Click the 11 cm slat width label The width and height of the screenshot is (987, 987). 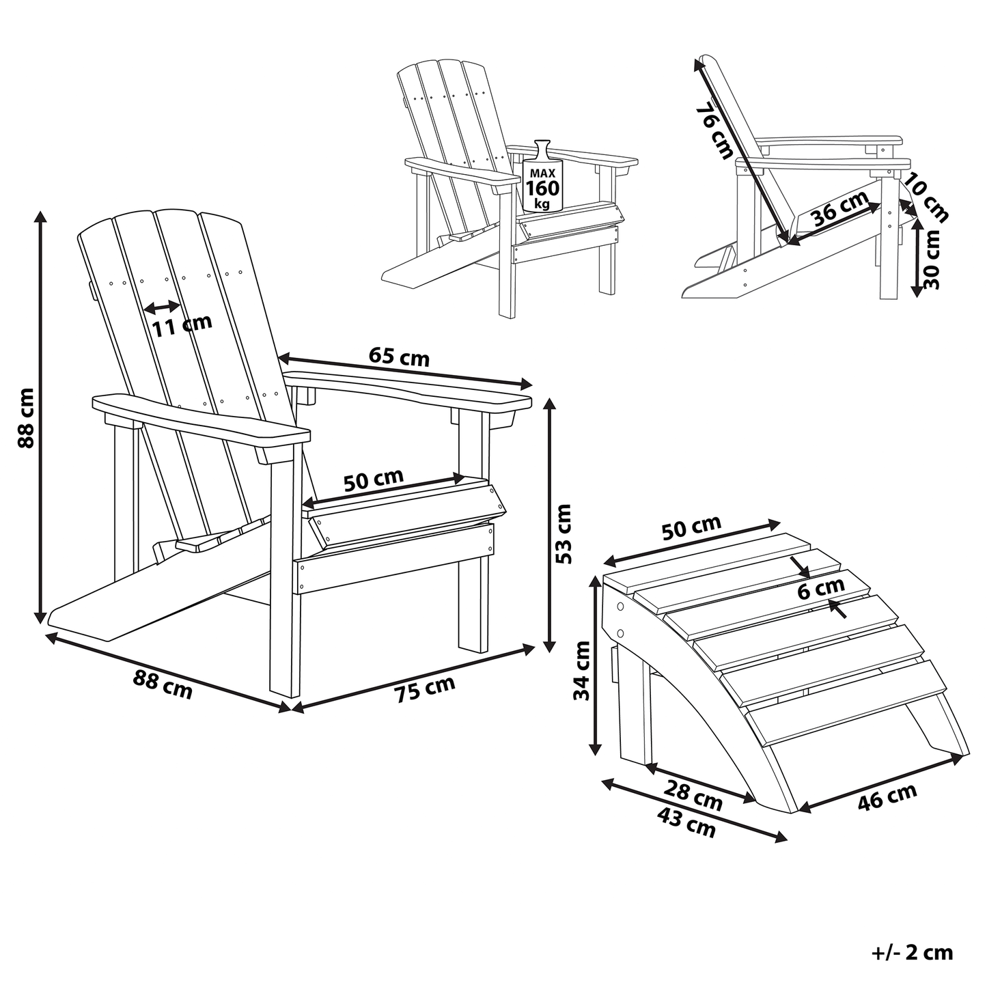[182, 325]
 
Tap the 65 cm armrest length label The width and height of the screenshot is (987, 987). [399, 357]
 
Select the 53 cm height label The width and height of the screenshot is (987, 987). [564, 533]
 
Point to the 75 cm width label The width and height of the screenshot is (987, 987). [425, 689]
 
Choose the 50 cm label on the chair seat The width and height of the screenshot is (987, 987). [374, 480]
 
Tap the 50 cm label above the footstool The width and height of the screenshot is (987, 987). [692, 527]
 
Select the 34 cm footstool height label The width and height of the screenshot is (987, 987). [582, 670]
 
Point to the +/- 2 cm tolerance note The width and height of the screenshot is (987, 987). [913, 953]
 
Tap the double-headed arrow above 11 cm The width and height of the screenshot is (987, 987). [163, 307]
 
